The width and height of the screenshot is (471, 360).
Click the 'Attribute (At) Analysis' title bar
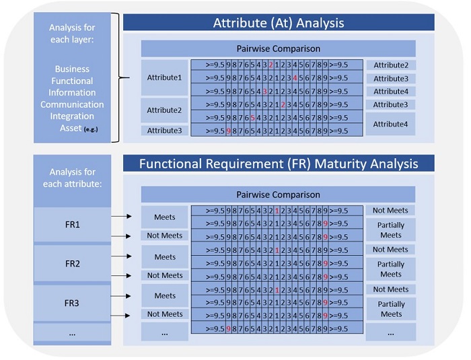(279, 23)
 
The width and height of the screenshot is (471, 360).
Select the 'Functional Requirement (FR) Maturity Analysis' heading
(279, 164)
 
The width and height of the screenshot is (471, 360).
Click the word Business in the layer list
(72, 69)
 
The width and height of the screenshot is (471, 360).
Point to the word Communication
(72, 104)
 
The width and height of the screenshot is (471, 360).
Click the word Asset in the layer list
(65, 129)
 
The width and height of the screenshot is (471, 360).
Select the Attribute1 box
(164, 78)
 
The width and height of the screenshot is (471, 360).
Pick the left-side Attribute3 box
(164, 131)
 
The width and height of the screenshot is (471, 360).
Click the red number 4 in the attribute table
(295, 78)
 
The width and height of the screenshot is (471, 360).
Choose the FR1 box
(72, 223)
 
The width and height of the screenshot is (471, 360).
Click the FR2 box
(72, 263)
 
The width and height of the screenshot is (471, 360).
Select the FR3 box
(72, 303)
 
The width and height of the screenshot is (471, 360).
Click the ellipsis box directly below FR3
(72, 333)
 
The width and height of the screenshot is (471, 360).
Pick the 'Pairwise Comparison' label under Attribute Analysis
(278, 49)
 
